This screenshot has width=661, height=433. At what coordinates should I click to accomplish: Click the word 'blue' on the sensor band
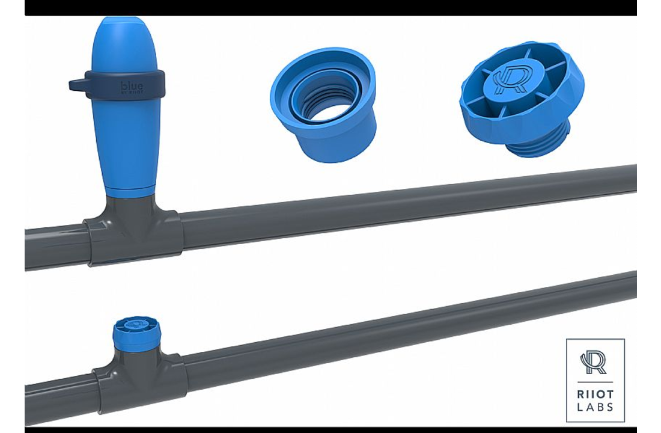point(132,86)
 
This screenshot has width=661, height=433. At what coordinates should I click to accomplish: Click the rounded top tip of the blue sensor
point(125,27)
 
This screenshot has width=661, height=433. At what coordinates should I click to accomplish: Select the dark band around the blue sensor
point(150,84)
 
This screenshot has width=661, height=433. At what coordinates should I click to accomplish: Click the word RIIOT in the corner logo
point(595,395)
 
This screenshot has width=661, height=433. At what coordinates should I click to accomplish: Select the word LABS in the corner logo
point(595,407)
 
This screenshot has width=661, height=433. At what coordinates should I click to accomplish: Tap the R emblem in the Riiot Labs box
point(594,363)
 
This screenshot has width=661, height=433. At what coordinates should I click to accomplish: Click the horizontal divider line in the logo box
point(595,382)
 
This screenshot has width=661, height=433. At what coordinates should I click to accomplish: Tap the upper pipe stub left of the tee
point(54,247)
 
